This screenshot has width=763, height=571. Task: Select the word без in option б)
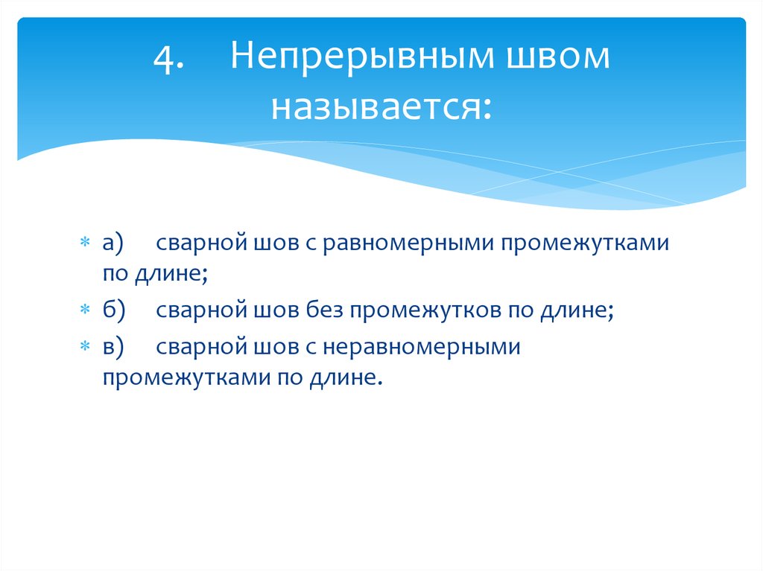tap(323, 311)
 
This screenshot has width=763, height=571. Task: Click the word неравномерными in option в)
tap(417, 348)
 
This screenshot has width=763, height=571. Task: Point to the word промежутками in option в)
tap(176, 377)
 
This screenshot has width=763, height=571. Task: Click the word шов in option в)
tap(257, 348)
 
